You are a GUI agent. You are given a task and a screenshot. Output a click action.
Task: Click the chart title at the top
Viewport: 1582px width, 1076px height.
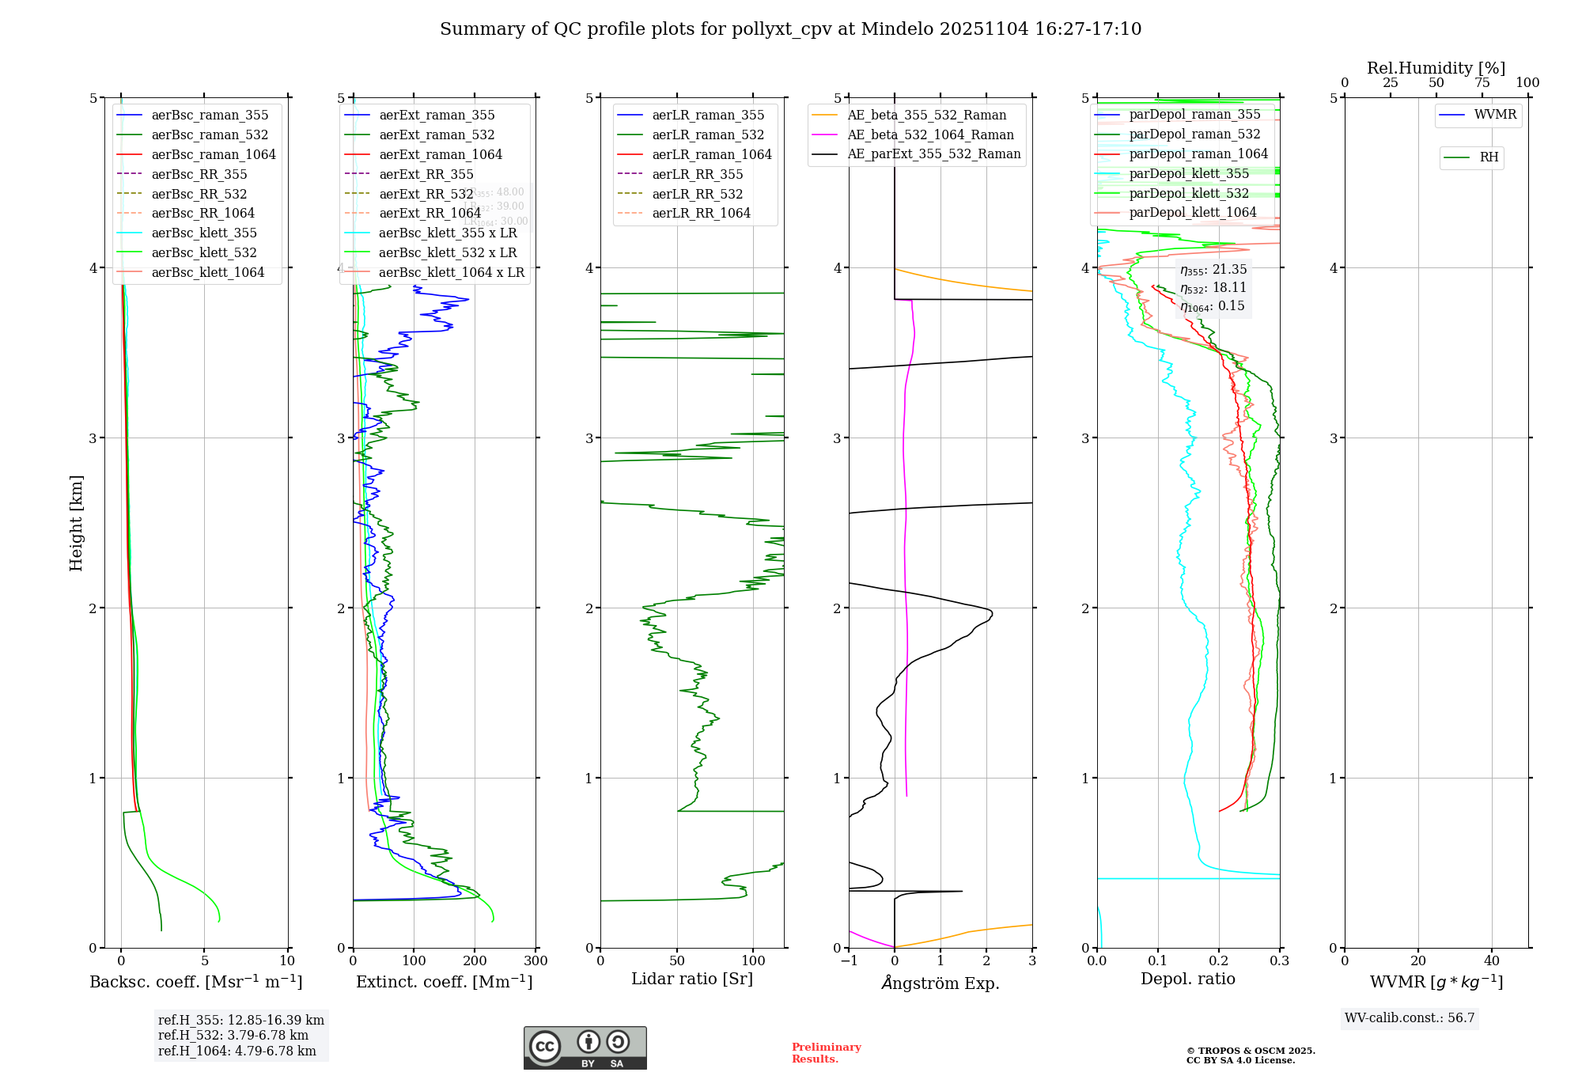(790, 29)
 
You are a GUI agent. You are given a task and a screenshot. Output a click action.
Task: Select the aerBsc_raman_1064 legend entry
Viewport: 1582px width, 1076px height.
(214, 154)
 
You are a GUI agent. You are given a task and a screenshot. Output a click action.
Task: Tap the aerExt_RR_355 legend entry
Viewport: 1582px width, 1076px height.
(426, 174)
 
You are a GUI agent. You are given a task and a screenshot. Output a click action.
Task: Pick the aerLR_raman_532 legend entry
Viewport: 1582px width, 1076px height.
(708, 134)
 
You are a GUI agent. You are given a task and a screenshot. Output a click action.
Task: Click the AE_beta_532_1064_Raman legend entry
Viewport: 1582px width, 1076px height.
(930, 134)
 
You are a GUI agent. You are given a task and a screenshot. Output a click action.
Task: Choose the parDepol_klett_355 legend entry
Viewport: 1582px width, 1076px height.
(1189, 173)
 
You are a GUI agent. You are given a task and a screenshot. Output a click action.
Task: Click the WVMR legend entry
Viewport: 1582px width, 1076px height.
(1495, 115)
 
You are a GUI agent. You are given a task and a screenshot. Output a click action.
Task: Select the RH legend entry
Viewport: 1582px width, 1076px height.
(1489, 157)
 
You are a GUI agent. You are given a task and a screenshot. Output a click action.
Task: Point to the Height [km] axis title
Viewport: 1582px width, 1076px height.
(76, 523)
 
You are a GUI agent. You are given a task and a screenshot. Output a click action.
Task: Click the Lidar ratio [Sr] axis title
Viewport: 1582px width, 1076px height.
(692, 979)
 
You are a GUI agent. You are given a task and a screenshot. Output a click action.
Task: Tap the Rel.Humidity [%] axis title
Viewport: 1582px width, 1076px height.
(1436, 68)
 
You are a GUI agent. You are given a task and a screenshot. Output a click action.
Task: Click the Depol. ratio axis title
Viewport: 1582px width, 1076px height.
(1187, 979)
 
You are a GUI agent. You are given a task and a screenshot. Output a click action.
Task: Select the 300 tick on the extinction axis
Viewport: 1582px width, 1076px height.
(536, 961)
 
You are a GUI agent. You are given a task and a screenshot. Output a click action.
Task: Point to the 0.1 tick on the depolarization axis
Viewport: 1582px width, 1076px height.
(1158, 961)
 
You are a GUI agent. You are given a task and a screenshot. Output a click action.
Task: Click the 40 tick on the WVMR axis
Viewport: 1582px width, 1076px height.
(1492, 961)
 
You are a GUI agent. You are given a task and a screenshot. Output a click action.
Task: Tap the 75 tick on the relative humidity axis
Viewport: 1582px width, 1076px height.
(1482, 83)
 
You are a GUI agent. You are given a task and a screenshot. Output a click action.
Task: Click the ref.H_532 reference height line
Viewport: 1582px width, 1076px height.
(233, 1036)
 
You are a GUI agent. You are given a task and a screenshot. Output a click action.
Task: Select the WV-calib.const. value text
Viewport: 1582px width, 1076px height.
(1410, 1018)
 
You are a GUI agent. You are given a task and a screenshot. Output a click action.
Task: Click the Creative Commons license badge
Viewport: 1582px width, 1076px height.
(585, 1048)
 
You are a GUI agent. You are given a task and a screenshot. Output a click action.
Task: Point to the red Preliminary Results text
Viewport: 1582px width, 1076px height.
(826, 1053)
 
